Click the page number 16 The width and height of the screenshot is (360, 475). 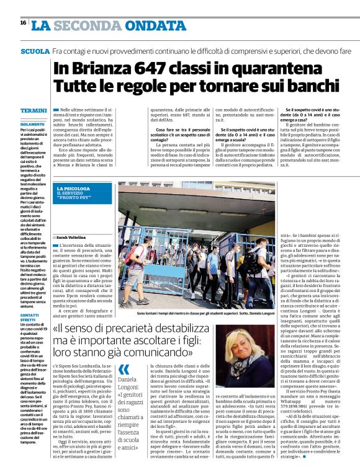(x=23, y=23)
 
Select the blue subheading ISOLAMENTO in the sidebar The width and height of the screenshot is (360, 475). (x=32, y=124)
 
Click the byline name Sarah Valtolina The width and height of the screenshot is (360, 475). (x=73, y=237)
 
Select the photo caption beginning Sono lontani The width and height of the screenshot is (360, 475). (x=197, y=314)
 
